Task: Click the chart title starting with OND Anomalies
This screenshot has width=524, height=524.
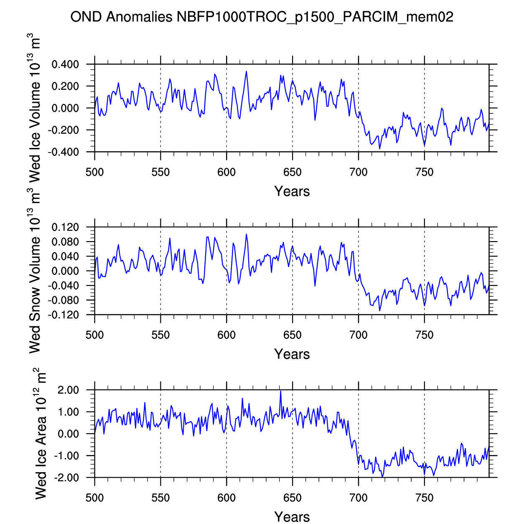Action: point(262,17)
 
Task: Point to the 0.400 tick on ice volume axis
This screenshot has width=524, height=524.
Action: point(65,64)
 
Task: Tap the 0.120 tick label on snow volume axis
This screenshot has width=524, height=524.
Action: point(65,227)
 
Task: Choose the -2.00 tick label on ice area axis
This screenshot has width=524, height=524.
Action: point(67,478)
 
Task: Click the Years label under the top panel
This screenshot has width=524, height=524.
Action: point(292,191)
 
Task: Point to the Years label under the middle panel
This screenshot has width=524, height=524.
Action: point(292,354)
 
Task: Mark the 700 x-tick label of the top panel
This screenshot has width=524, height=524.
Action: point(359,172)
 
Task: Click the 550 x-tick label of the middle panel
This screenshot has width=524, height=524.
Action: point(160,335)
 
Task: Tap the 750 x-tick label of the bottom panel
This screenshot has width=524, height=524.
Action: point(425,498)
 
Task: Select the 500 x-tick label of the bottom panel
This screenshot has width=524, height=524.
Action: point(94,498)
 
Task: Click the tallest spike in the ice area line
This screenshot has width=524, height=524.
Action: point(280,391)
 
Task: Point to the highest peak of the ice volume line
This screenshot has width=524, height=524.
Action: point(247,71)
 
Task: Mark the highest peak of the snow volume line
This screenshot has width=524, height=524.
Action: point(247,234)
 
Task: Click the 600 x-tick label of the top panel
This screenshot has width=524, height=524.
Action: point(226,172)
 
